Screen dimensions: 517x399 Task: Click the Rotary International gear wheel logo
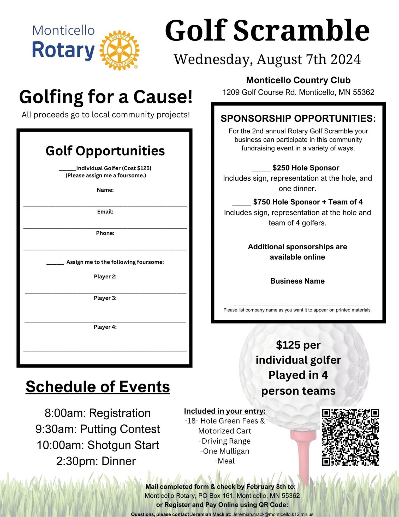click(x=120, y=50)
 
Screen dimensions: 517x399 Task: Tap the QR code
click(x=350, y=437)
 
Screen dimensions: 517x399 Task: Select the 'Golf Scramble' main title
click(x=267, y=30)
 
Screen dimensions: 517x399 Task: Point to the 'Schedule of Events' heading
click(x=98, y=387)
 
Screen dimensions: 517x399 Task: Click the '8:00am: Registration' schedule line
click(x=98, y=413)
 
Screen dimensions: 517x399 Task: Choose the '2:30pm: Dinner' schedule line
click(x=96, y=461)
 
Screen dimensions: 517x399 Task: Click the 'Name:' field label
click(x=105, y=190)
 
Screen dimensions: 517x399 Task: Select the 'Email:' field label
click(x=105, y=212)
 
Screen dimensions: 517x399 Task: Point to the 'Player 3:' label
click(x=105, y=298)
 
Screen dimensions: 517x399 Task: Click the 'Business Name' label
click(x=297, y=281)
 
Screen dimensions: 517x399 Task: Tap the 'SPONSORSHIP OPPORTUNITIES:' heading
click(x=298, y=118)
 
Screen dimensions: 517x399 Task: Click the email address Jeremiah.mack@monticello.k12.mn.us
click(x=273, y=514)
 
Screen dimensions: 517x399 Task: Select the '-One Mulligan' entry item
click(x=225, y=451)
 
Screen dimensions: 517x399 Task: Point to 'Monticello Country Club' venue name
click(x=298, y=80)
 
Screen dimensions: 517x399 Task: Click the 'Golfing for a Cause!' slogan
click(x=106, y=97)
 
